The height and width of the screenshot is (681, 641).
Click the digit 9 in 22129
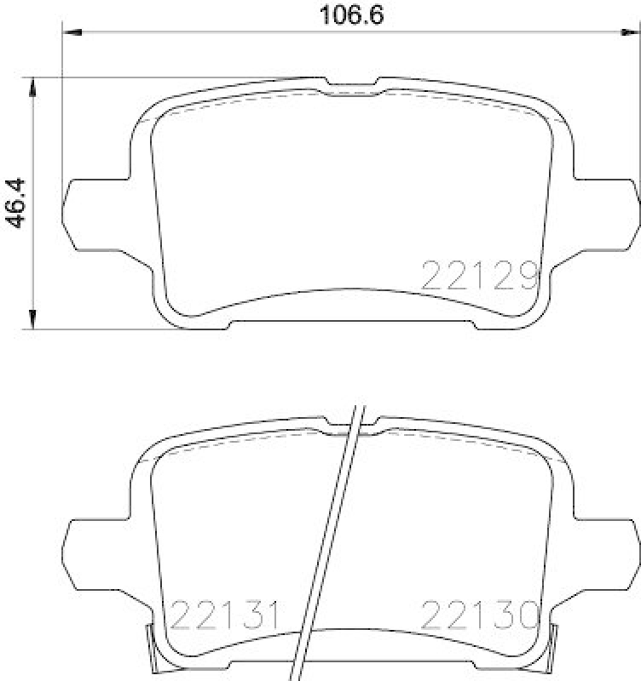pos(528,275)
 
